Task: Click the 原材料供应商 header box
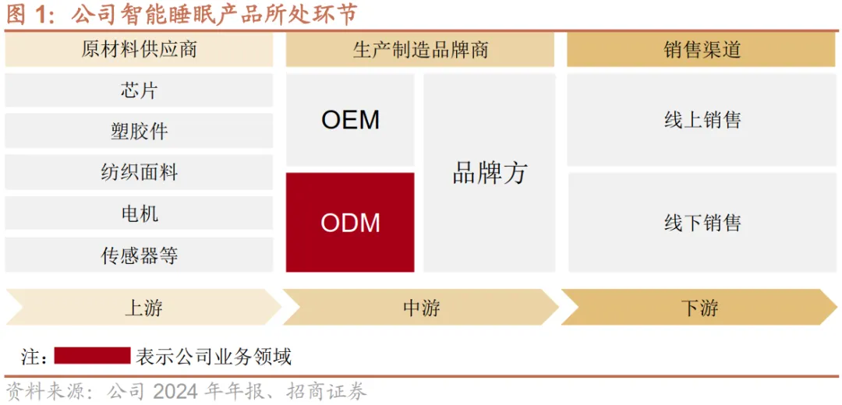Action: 139,51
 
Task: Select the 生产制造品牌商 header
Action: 420,51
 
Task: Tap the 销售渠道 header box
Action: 702,51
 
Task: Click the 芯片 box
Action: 139,90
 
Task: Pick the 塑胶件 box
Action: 139,131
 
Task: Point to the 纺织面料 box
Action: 139,172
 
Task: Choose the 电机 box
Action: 139,213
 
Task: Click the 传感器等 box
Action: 139,255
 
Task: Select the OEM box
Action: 350,120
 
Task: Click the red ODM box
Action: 350,223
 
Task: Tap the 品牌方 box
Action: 490,173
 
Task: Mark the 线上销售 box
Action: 702,120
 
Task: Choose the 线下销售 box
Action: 702,223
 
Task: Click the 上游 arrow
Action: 143,308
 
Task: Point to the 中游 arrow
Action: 421,308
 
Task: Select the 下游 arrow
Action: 699,308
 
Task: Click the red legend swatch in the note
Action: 92,356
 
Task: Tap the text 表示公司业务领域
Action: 214,357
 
